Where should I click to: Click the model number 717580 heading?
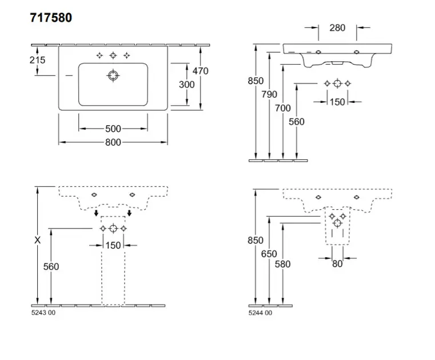pos(51,18)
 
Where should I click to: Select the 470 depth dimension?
pos(200,71)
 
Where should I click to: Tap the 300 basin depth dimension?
pos(187,85)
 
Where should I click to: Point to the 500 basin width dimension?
pos(113,129)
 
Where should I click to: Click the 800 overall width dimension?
pos(113,142)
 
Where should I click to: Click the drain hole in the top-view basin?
pos(113,75)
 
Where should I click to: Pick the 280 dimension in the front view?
pos(337,27)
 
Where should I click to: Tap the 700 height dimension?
pos(283,108)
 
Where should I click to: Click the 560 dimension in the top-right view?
pos(297,122)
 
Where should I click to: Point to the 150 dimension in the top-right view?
pos(337,102)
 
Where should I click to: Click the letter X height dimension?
pos(38,241)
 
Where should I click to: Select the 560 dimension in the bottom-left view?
pos(51,266)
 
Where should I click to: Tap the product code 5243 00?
pos(43,313)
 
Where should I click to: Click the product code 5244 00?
pos(260,313)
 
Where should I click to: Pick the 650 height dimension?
pos(269,254)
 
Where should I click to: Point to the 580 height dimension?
pos(282,264)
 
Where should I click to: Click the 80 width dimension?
pos(337,264)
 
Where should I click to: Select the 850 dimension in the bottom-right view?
pos(255,241)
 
